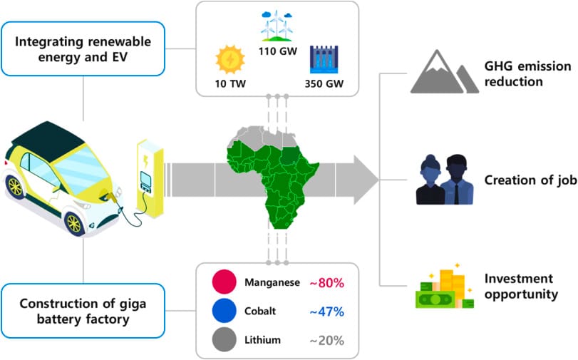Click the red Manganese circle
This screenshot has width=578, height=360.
(x=224, y=282)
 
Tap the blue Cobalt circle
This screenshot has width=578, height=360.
(x=224, y=312)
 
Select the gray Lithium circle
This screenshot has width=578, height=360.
(x=224, y=340)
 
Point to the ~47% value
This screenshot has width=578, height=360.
(x=326, y=312)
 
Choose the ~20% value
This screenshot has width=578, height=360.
(x=326, y=340)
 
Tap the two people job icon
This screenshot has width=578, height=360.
(x=440, y=179)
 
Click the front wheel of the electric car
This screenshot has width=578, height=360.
(x=73, y=222)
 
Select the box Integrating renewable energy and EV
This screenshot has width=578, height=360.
(x=83, y=48)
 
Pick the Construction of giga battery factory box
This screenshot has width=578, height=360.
(x=83, y=309)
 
